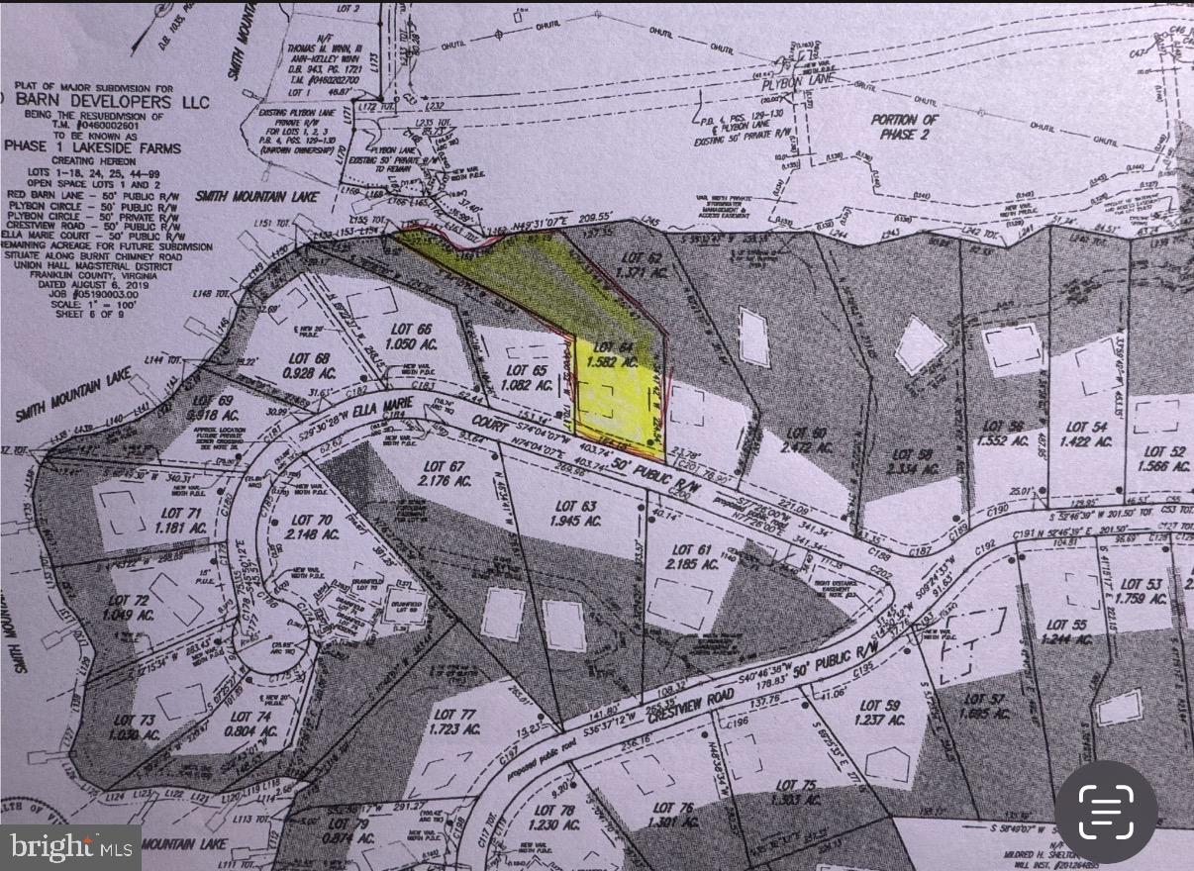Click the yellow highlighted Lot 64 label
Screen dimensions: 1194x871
[x=614, y=346]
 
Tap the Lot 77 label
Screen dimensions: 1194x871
[x=453, y=715]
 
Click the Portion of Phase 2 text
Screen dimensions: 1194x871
[x=905, y=127]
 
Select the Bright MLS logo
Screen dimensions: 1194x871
[x=70, y=847]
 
